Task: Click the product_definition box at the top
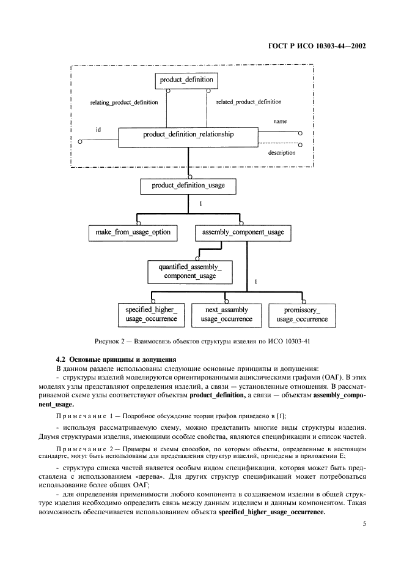(186, 80)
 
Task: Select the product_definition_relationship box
(188, 134)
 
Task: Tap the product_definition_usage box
(188, 185)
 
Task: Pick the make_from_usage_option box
(133, 233)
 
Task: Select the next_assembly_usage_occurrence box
(226, 315)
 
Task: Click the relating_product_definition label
(124, 102)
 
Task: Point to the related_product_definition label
(249, 102)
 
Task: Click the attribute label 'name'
(280, 122)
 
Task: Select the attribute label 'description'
(282, 153)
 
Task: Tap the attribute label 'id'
(98, 130)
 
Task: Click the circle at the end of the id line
(80, 141)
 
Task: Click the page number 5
(364, 524)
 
